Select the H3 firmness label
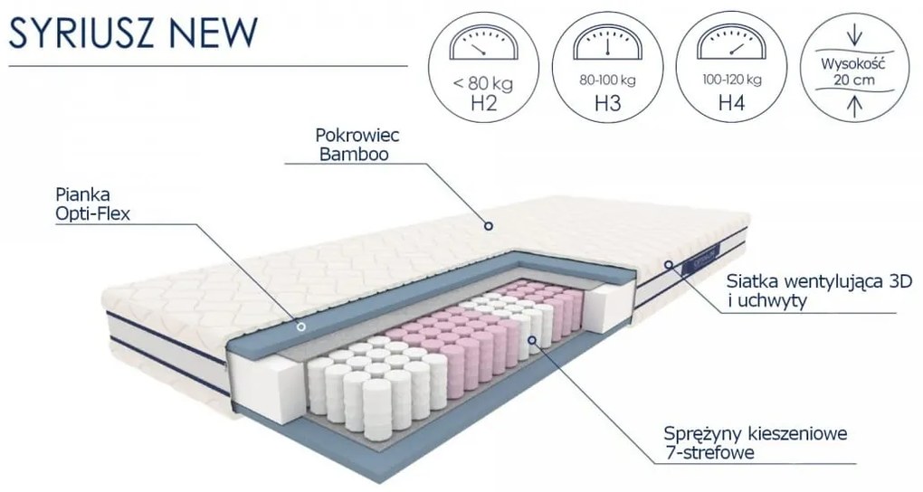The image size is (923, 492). [x=607, y=102]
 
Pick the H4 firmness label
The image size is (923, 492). [x=730, y=102]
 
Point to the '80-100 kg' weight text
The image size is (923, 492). [x=607, y=80]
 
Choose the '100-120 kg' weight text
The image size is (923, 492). [x=730, y=80]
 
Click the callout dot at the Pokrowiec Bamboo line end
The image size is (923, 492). [x=489, y=226]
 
